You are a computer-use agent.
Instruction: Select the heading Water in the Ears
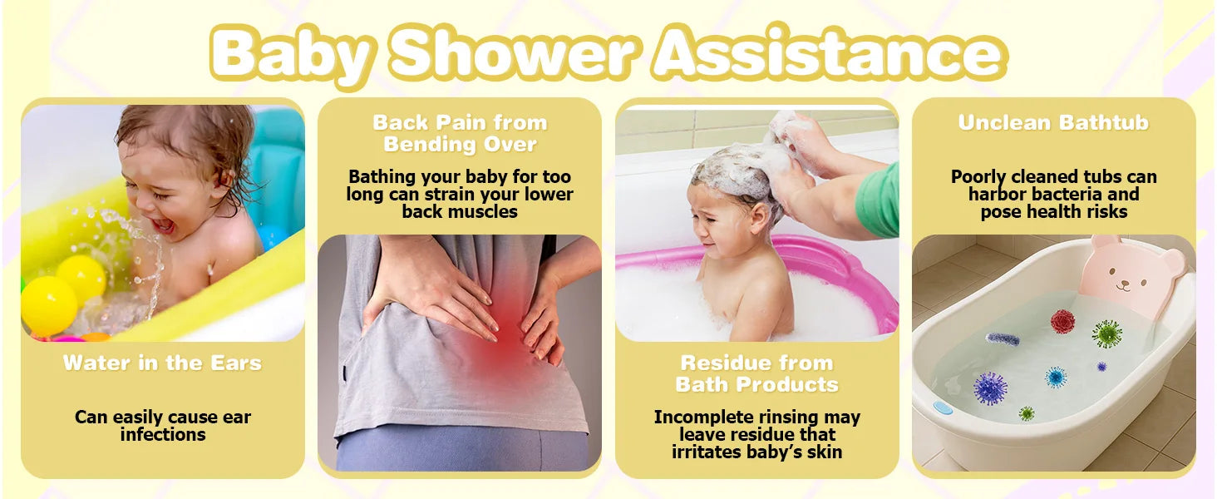pyautogui.click(x=162, y=363)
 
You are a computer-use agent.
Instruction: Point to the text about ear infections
pyautogui.click(x=162, y=426)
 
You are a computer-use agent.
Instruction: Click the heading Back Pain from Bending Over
pyautogui.click(x=460, y=133)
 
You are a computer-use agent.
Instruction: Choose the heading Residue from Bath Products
pyautogui.click(x=756, y=373)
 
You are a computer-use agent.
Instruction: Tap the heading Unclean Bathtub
pyautogui.click(x=1053, y=122)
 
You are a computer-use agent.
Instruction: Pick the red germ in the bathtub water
pyautogui.click(x=1062, y=321)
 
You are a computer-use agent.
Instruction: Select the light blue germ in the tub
pyautogui.click(x=1056, y=377)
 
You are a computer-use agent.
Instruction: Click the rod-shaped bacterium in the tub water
pyautogui.click(x=1003, y=339)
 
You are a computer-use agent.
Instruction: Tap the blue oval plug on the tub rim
pyautogui.click(x=942, y=407)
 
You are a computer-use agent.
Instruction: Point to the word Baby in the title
pyautogui.click(x=291, y=54)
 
